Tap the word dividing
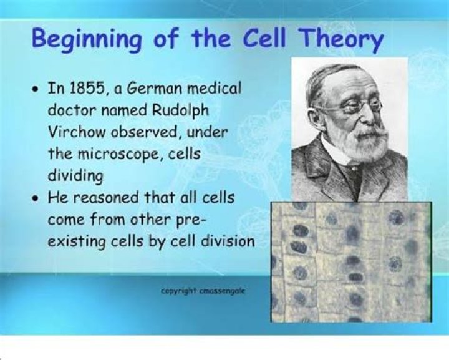coord(75,176)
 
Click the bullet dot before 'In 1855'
coord(37,89)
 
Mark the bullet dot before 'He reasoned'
coord(37,199)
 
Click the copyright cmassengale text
coord(203,291)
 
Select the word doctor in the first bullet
coord(72,111)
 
